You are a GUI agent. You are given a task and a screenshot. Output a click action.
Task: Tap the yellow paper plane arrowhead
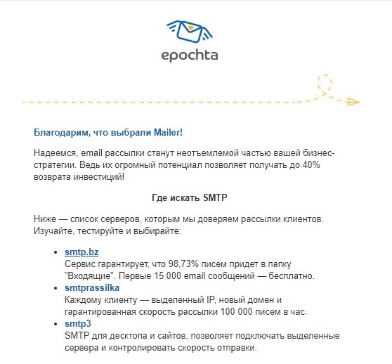[x=353, y=103]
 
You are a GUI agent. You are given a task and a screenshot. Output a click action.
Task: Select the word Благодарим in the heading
[x=58, y=131]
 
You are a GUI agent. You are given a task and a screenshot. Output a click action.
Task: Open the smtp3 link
[x=77, y=324]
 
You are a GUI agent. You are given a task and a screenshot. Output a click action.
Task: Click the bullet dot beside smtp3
[x=55, y=325]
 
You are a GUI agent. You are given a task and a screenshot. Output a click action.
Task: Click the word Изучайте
[x=54, y=231]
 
